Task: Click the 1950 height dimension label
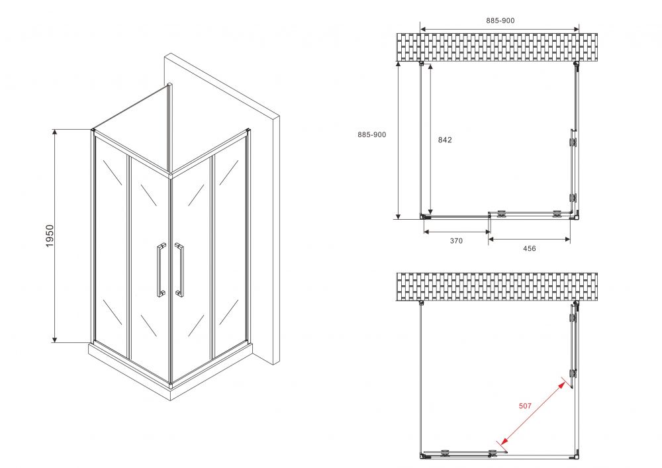pyautogui.click(x=50, y=236)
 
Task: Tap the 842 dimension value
pyautogui.click(x=445, y=140)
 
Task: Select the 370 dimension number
pyautogui.click(x=456, y=241)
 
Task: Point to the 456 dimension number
pyautogui.click(x=529, y=248)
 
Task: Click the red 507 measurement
pyautogui.click(x=525, y=406)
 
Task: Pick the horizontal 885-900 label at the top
pyautogui.click(x=500, y=21)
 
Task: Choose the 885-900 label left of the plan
pyautogui.click(x=371, y=134)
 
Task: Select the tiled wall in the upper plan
pyautogui.click(x=497, y=47)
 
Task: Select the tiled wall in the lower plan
pyautogui.click(x=497, y=287)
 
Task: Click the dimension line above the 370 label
pyautogui.click(x=457, y=232)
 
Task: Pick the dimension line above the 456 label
pyautogui.click(x=530, y=239)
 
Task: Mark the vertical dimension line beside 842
pyautogui.click(x=430, y=140)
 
